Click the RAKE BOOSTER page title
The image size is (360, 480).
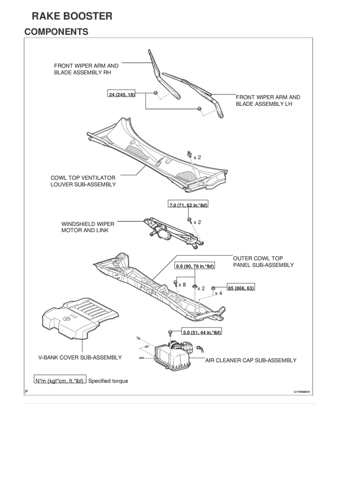pyautogui.click(x=72, y=16)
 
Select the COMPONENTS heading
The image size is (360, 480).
pyautogui.click(x=56, y=32)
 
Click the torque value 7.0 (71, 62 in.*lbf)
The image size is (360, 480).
pyautogui.click(x=189, y=205)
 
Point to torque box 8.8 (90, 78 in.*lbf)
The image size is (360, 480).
pyautogui.click(x=195, y=266)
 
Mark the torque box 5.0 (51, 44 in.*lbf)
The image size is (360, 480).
pyautogui.click(x=202, y=332)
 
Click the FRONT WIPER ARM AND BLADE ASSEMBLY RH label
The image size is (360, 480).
pyautogui.click(x=86, y=69)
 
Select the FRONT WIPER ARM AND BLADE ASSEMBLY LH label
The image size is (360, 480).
pyautogui.click(x=268, y=101)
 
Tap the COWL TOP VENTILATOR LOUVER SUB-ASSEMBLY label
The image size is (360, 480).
pyautogui.click(x=83, y=181)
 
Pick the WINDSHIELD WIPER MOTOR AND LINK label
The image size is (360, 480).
pyautogui.click(x=88, y=227)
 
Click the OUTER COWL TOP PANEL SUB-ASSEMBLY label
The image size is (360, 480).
pyautogui.click(x=263, y=262)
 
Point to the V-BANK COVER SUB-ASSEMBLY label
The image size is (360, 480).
pyautogui.click(x=80, y=357)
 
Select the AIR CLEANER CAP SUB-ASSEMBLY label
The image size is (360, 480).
pyautogui.click(x=250, y=360)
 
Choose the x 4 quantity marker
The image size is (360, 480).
pyautogui.click(x=218, y=294)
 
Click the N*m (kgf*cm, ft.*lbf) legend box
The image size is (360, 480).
pyautogui.click(x=60, y=381)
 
